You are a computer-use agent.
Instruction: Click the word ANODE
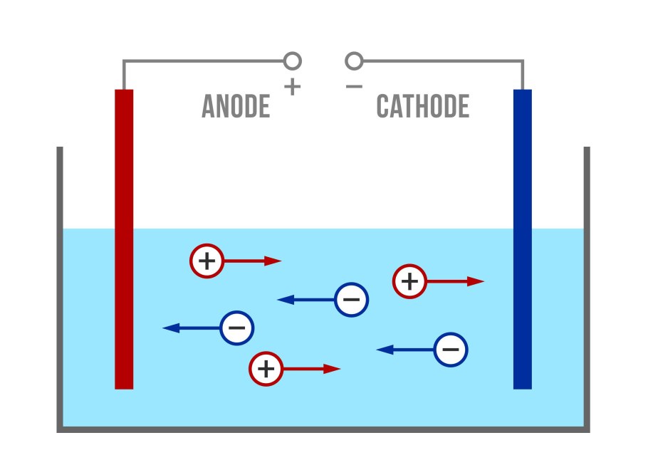pos(236,108)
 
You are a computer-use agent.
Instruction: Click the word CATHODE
pos(422,108)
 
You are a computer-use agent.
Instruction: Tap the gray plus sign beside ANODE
pos(292,87)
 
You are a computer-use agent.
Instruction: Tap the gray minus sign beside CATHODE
pos(354,87)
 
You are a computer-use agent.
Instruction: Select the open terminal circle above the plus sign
pos(292,61)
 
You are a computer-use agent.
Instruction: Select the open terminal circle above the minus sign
pos(354,61)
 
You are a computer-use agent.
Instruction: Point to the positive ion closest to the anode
pos(207,261)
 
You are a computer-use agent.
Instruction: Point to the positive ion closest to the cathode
pos(409,281)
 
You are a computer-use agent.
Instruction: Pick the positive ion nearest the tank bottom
pos(266,369)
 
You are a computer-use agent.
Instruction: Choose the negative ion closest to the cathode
pos(451,350)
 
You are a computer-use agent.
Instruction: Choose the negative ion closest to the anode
pos(237,328)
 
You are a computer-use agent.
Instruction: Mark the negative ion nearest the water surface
pos(351,300)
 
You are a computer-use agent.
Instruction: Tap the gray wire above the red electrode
pos(124,75)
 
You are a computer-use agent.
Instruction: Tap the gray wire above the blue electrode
pos(523,75)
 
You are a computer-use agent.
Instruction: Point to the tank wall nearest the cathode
pos(587,285)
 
